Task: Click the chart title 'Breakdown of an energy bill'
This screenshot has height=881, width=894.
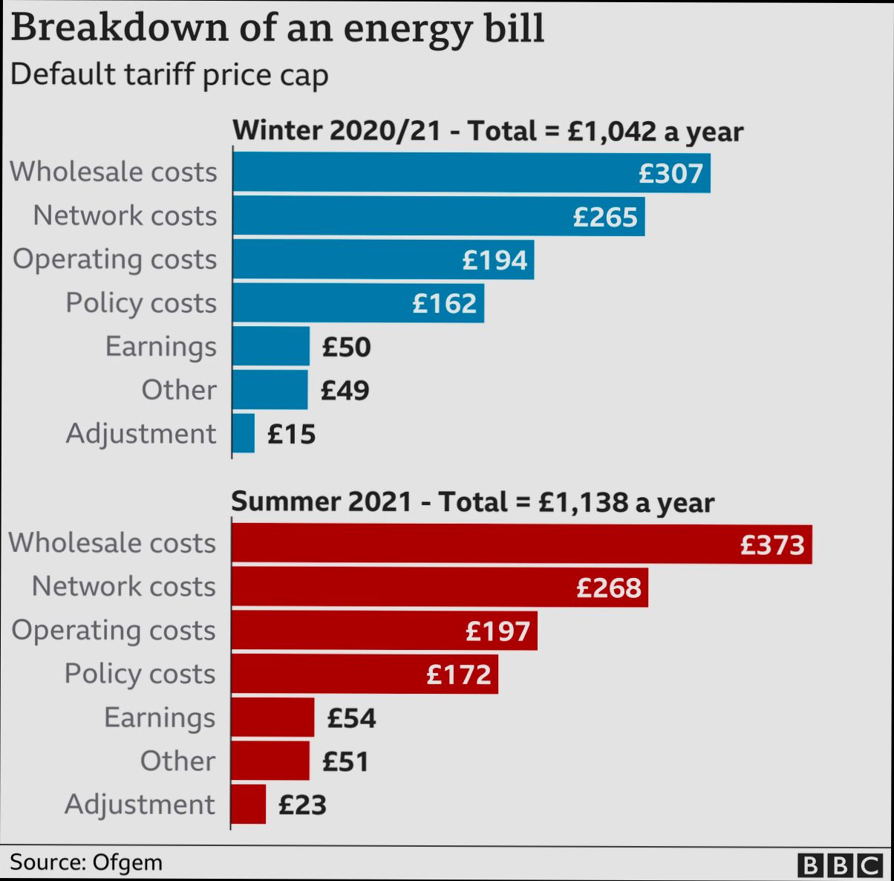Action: (x=277, y=27)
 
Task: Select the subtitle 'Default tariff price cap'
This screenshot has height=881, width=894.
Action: (x=169, y=75)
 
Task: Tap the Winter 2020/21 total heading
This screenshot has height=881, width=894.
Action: (x=488, y=131)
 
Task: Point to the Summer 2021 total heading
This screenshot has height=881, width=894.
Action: (x=472, y=502)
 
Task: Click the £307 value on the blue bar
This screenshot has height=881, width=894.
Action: (x=670, y=173)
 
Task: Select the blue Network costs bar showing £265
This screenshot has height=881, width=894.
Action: (x=438, y=216)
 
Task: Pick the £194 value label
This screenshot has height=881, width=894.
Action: (x=495, y=260)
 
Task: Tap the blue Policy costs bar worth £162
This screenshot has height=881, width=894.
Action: (x=358, y=303)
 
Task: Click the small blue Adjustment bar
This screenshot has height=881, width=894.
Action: (x=243, y=434)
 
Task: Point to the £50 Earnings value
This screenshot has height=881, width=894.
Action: (x=346, y=347)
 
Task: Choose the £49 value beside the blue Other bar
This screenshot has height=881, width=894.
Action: (x=345, y=391)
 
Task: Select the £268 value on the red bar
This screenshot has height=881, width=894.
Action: (x=609, y=588)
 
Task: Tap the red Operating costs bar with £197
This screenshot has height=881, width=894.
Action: (x=384, y=631)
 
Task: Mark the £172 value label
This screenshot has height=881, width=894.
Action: (x=459, y=674)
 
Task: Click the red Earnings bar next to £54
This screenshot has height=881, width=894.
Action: (x=273, y=718)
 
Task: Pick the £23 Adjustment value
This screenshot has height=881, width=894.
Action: (x=302, y=805)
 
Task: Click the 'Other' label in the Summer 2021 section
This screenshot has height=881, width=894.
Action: (x=177, y=761)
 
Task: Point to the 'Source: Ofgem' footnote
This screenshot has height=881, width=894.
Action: (x=86, y=862)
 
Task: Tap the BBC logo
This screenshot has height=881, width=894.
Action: (x=840, y=865)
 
